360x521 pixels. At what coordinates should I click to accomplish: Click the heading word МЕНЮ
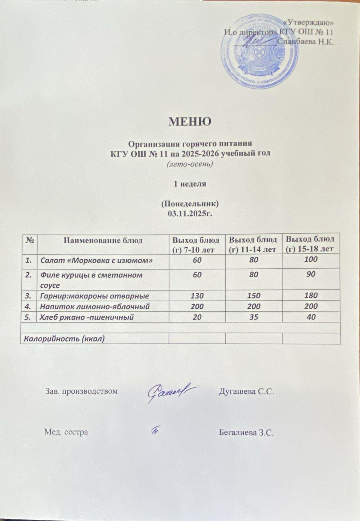[190, 121]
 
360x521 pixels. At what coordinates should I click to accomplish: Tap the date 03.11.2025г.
[190, 214]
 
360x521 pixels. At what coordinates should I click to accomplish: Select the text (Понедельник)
[190, 204]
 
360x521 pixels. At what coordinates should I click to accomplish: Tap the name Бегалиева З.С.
[246, 432]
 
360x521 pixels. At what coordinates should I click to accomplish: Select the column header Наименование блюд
[103, 241]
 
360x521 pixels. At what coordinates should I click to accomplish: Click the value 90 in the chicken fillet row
[311, 274]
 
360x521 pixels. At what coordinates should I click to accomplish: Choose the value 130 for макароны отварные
[197, 296]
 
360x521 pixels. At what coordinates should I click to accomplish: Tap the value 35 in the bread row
[254, 317]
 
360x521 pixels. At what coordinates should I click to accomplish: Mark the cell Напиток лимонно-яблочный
[95, 306]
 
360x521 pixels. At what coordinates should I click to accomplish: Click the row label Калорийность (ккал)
[63, 338]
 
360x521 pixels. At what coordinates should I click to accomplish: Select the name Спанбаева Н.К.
[305, 42]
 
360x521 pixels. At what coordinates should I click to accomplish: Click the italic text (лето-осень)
[190, 164]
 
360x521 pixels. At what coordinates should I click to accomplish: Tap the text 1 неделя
[190, 184]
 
